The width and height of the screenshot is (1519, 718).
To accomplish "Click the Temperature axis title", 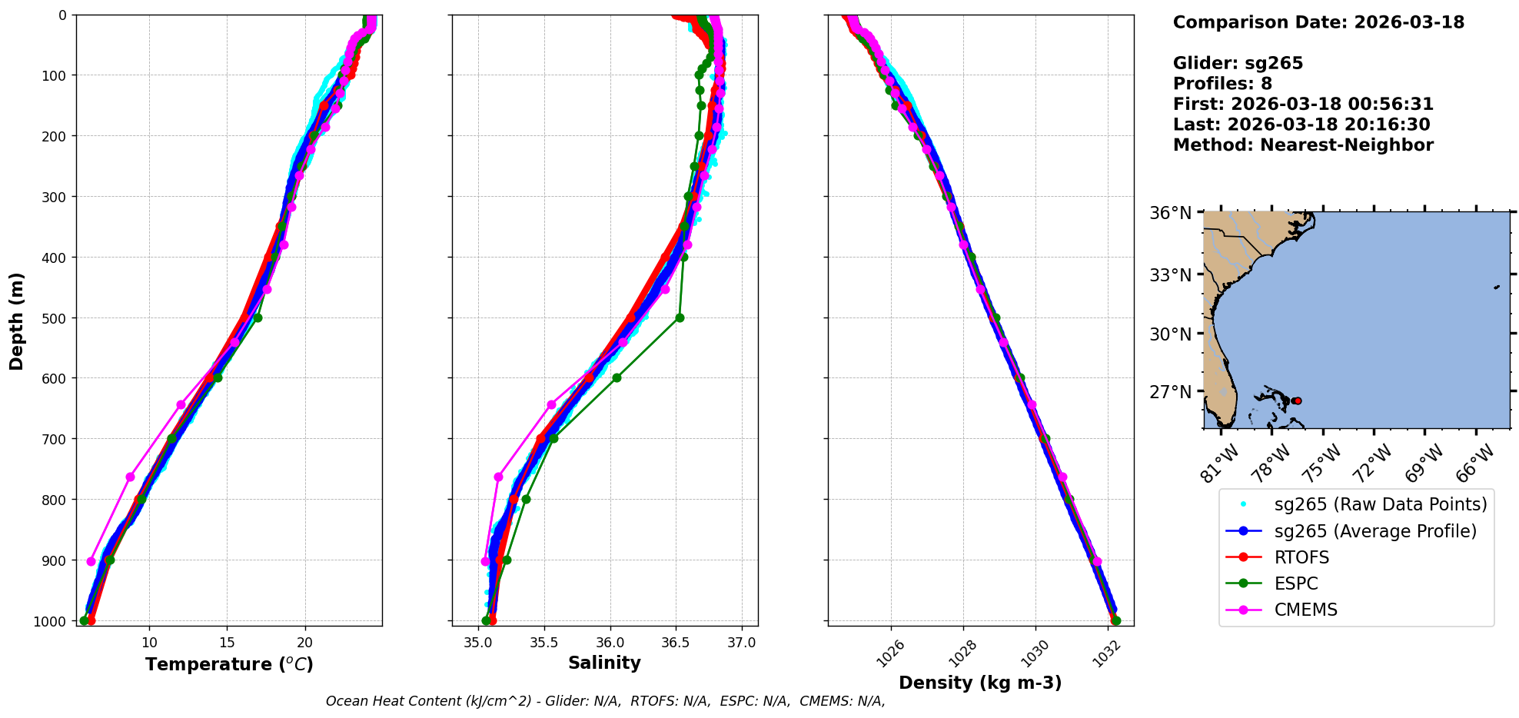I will [229, 664].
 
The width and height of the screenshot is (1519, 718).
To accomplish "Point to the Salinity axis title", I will [604, 663].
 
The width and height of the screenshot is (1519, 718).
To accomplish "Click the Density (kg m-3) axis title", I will [980, 683].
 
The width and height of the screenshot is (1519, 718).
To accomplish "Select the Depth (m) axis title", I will [16, 321].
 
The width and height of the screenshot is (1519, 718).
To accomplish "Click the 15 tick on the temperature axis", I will [227, 643].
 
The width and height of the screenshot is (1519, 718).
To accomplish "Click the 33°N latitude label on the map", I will [1170, 274].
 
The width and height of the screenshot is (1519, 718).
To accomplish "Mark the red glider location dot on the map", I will [1298, 401].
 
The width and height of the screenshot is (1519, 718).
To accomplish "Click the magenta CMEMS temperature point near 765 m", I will [131, 477].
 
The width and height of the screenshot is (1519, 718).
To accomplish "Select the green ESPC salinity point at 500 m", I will [680, 317].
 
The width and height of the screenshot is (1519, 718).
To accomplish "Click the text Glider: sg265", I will [1238, 63].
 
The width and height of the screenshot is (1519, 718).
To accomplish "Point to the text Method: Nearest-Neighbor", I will [1303, 145].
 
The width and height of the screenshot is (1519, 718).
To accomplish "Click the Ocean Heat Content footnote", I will [605, 701].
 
